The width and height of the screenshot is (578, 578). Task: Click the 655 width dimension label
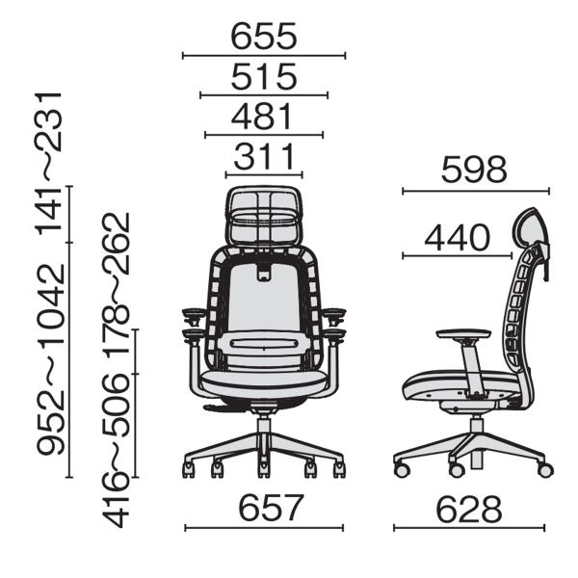tap(264, 37)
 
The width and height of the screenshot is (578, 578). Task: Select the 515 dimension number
tap(264, 77)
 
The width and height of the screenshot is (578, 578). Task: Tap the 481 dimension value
tap(262, 117)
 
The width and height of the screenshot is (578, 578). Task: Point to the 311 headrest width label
tap(264, 156)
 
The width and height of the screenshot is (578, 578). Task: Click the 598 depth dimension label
tap(474, 170)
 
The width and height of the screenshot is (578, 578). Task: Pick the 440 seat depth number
tap(457, 237)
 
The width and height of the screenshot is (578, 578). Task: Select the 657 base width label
tap(271, 508)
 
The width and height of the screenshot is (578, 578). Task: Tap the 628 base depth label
tap(469, 510)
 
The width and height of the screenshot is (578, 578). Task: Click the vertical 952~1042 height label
tap(50, 359)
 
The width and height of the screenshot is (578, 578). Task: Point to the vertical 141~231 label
tap(49, 164)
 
